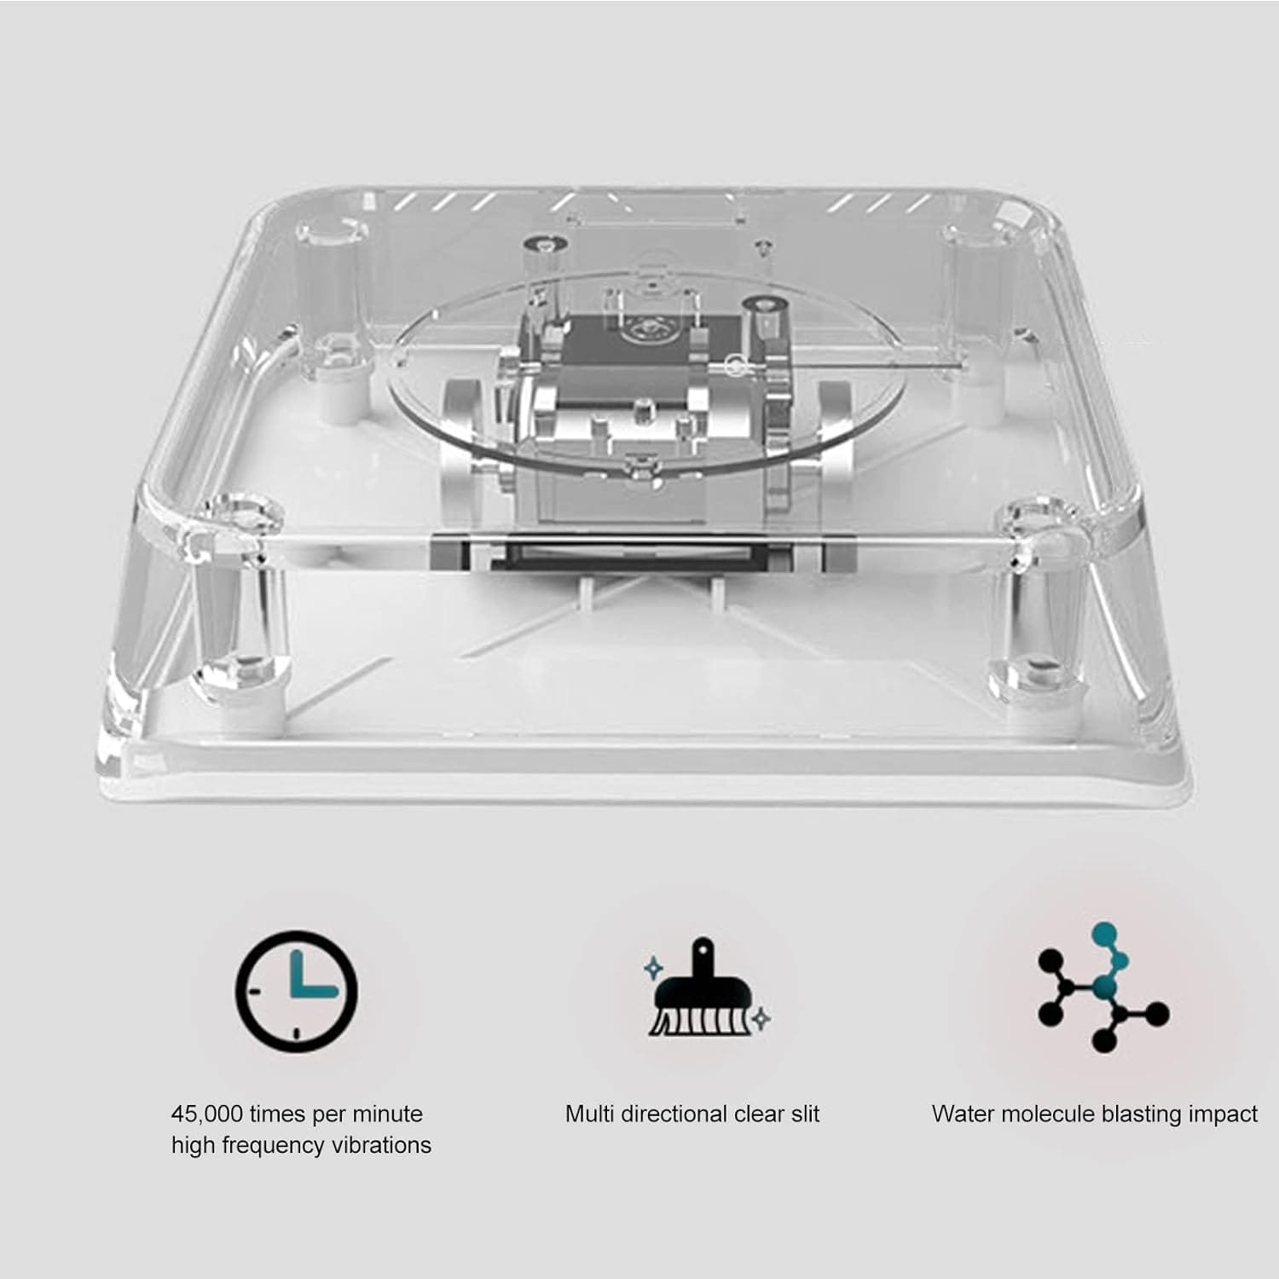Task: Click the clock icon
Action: [296, 991]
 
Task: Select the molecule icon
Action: [1103, 987]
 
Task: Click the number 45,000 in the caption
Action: [207, 1114]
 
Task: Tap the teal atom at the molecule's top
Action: [1103, 932]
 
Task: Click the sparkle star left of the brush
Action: [653, 968]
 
